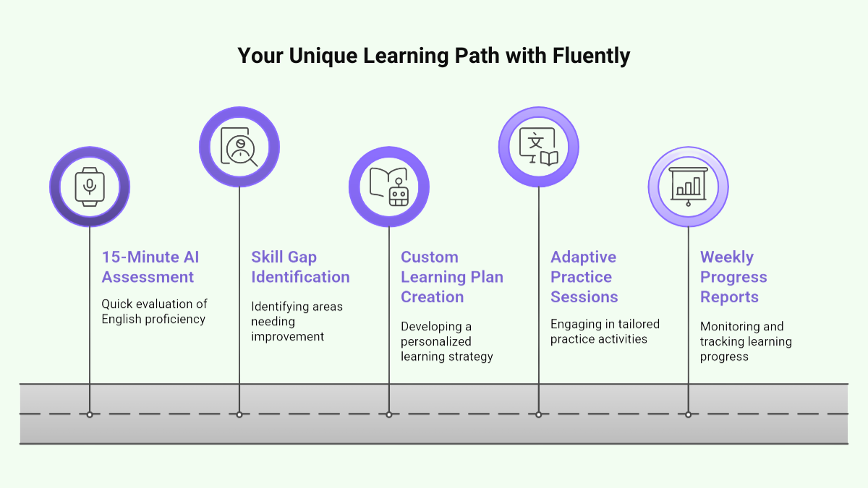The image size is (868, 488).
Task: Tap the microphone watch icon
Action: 90,187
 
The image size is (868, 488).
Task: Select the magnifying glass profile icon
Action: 239,147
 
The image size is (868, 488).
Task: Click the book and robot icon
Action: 389,187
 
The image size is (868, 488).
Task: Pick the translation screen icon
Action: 539,147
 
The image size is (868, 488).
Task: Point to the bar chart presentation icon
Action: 688,187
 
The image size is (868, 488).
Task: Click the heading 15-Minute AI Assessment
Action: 150,267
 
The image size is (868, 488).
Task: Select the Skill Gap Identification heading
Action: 300,267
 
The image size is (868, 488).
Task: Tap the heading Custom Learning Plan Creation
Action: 451,277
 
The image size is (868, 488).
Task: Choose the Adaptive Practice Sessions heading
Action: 584,277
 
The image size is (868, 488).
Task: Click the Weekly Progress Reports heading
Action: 733,277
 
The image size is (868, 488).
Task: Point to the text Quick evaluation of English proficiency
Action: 153,312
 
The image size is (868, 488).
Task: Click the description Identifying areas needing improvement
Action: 297,321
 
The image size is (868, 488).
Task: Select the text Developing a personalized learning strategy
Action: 446,341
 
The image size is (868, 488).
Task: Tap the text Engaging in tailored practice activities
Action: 605,331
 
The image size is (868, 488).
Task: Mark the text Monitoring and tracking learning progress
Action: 745,341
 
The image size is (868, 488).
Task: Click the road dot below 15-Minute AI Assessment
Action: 90,414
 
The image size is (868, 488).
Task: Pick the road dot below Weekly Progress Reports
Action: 688,414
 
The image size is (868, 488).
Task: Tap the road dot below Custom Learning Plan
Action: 389,414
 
